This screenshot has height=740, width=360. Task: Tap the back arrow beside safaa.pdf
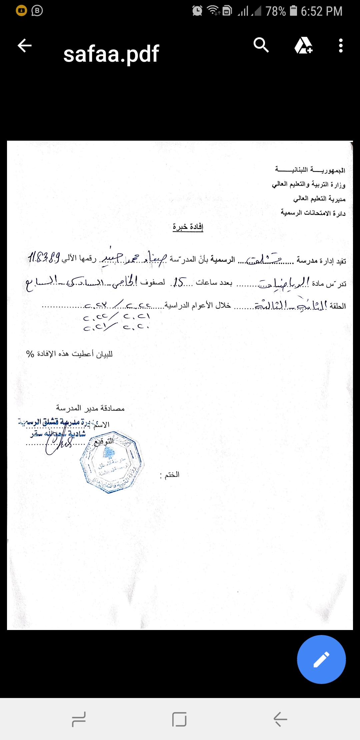25,46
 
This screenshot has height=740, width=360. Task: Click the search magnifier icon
261,45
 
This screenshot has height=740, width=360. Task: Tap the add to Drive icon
303,46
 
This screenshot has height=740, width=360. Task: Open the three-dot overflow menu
340,46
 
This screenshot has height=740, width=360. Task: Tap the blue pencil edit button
321,659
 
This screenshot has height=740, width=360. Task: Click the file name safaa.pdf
111,54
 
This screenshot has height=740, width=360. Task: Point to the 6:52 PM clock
321,11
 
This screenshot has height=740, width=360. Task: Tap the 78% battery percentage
276,11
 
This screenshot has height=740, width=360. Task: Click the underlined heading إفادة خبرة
188,227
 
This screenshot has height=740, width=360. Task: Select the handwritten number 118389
44,258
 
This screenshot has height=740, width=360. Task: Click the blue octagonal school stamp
112,462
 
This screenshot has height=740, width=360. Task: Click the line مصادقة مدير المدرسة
90,408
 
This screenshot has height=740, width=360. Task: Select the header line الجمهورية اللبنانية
310,170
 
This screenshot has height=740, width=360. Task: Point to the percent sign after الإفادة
30,354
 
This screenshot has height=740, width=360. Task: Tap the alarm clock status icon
197,11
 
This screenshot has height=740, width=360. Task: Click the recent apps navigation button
79,719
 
